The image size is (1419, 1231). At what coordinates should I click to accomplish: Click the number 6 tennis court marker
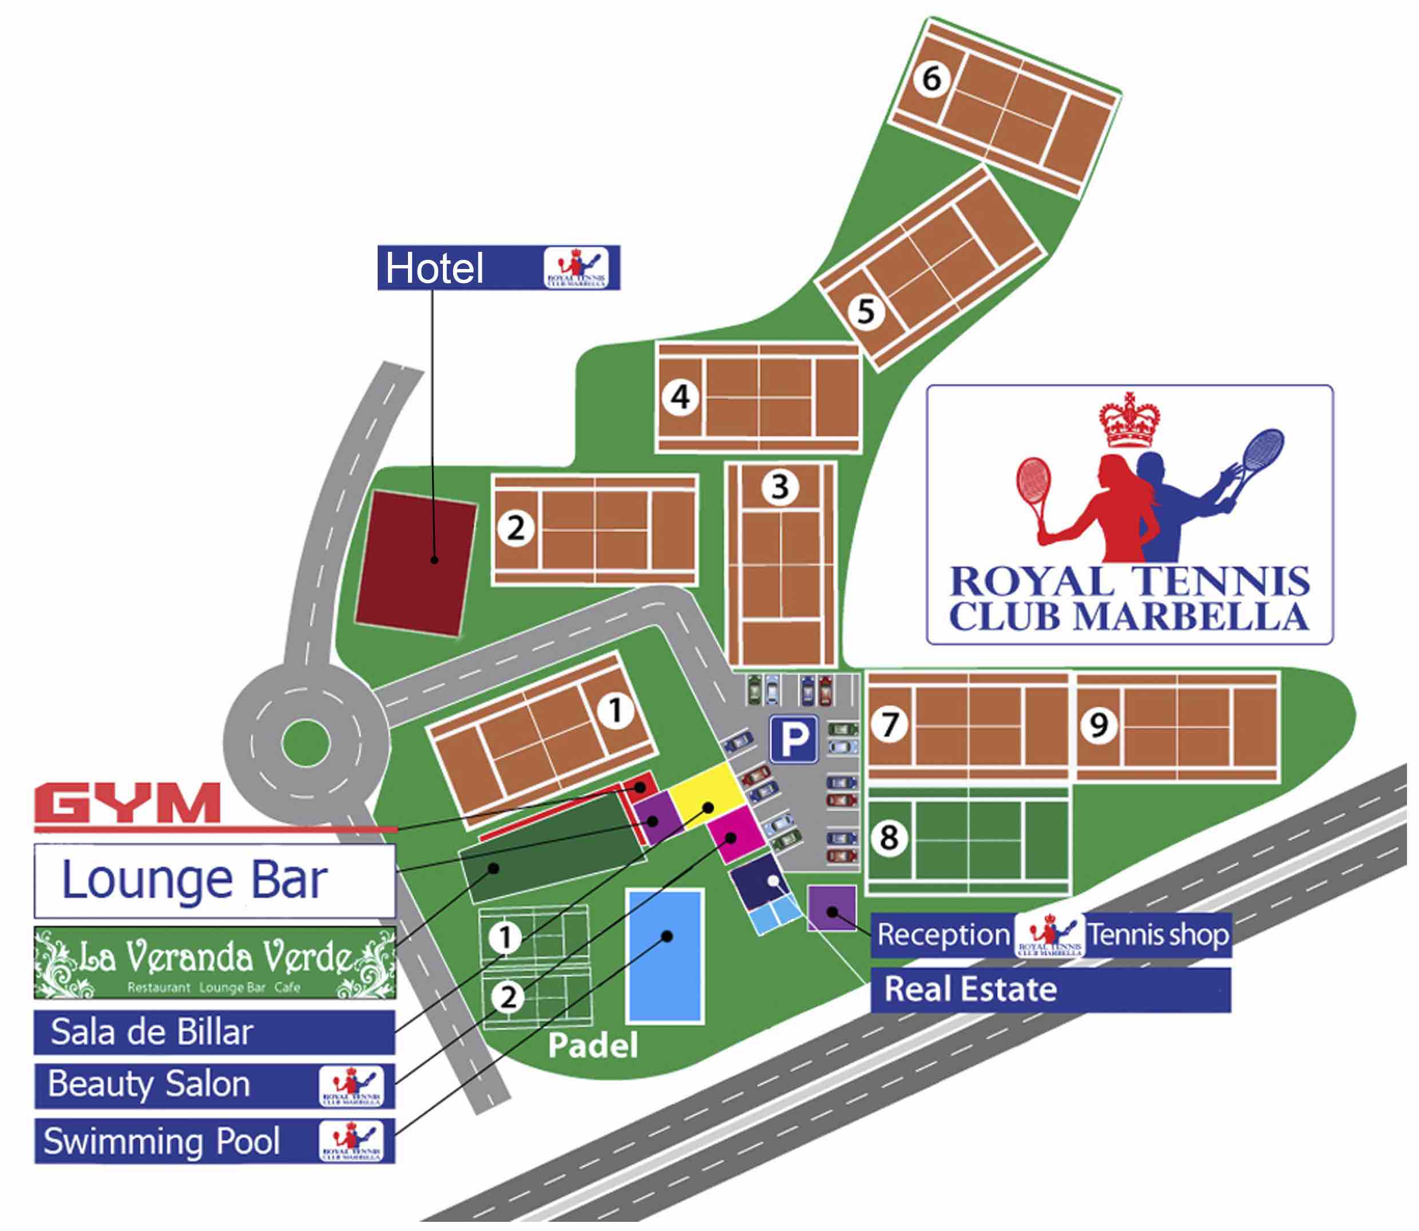click(x=931, y=78)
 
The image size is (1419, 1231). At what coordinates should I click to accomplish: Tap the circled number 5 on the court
click(x=865, y=311)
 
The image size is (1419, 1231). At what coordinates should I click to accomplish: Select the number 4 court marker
click(x=680, y=397)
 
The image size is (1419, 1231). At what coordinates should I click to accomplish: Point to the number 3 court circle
click(x=779, y=486)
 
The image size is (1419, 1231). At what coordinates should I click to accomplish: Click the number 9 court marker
click(x=1098, y=725)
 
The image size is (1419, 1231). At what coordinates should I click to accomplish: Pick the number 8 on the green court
click(x=889, y=837)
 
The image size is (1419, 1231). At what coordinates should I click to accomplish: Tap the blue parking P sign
click(x=793, y=739)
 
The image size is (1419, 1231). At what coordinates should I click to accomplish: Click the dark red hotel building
click(x=416, y=563)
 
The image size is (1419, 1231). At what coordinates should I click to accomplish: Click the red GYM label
click(x=128, y=803)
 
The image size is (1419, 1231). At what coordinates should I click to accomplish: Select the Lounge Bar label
click(x=195, y=880)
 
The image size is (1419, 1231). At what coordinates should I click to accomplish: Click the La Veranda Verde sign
click(x=215, y=961)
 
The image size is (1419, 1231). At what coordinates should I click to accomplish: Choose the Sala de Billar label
click(x=152, y=1032)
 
